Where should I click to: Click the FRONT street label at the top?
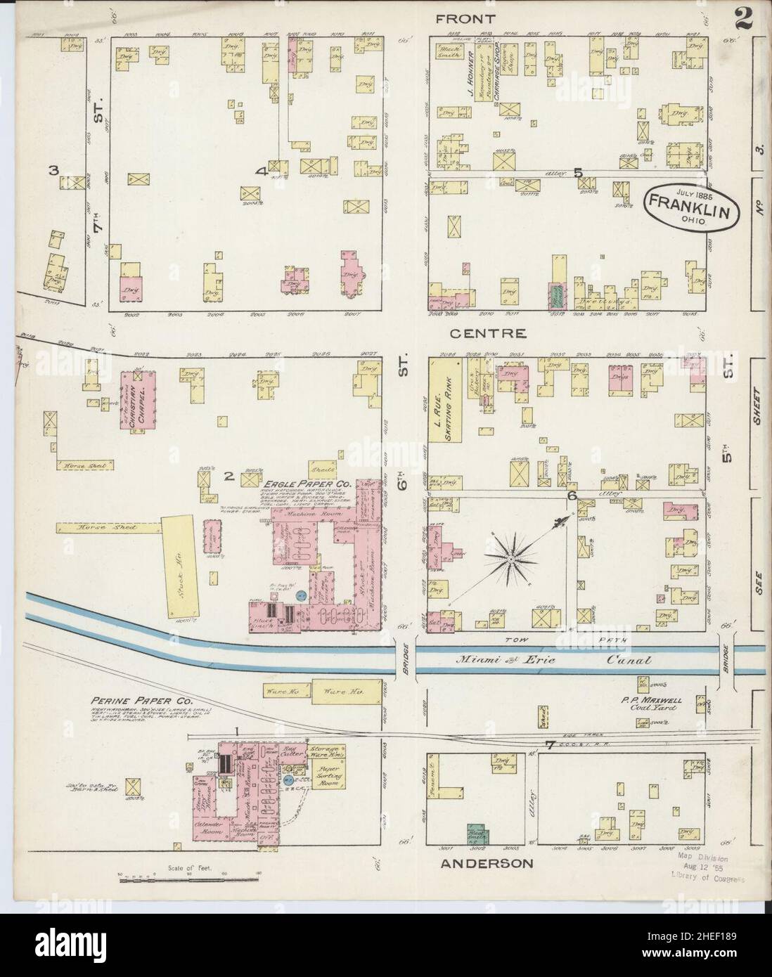(465, 19)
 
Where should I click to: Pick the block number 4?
(261, 171)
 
